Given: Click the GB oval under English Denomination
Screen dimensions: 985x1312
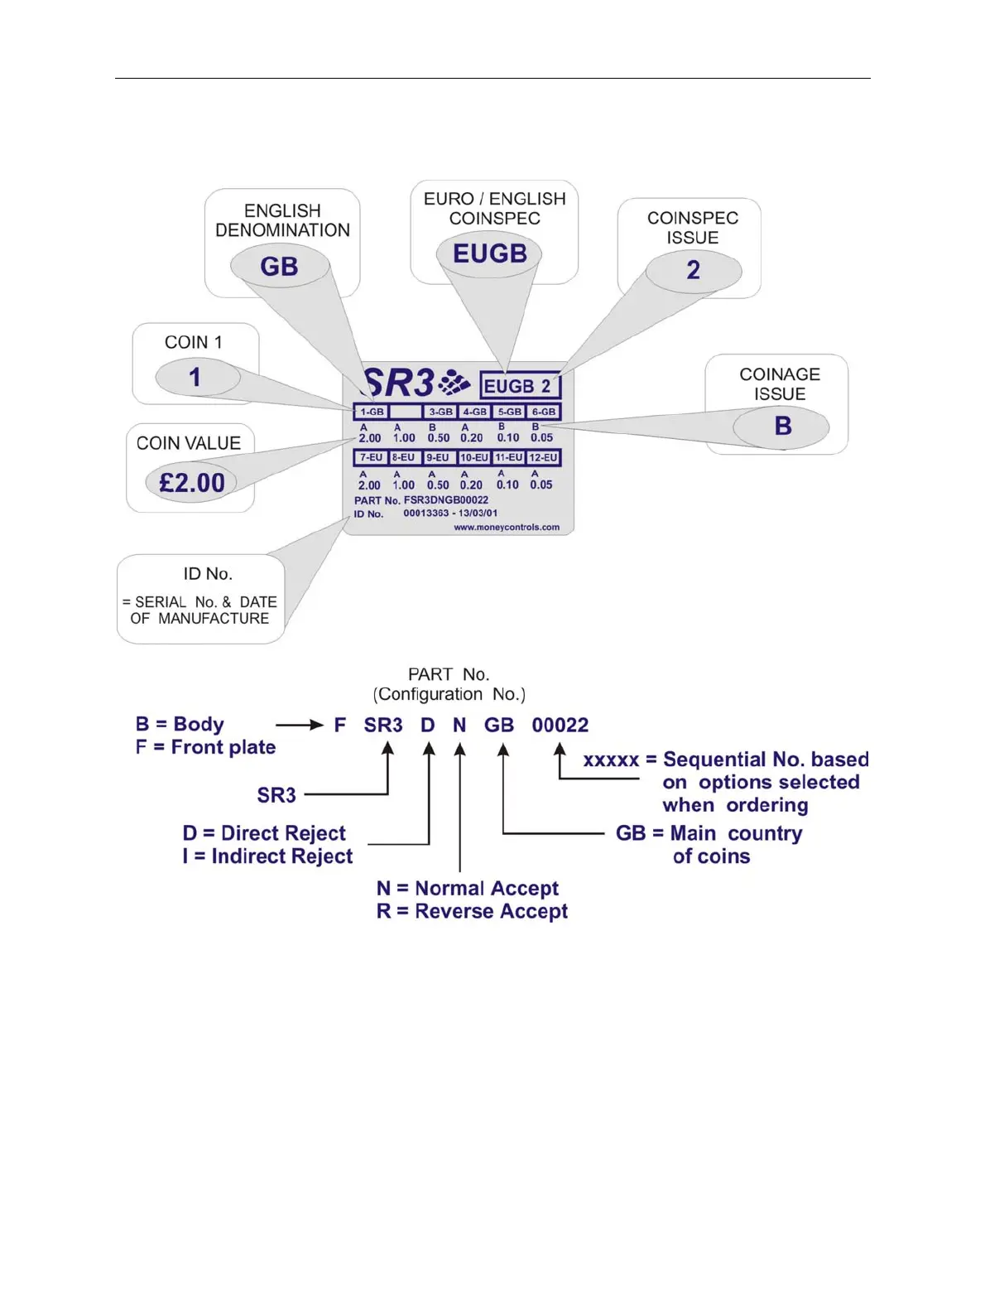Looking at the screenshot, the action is pos(279,267).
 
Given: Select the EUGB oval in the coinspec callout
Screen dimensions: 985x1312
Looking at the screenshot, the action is pos(489,253).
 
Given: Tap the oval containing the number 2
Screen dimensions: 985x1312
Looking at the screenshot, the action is pos(693,270).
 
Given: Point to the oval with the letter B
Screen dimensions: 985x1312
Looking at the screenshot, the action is pos(781,426).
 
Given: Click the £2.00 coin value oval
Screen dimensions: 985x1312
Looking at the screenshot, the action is pos(191,482).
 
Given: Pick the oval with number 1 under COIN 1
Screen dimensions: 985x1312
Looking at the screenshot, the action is pos(195,378).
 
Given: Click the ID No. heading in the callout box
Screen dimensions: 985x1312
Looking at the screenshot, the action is pos(208,573).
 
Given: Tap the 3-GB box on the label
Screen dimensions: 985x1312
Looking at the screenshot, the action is pos(440,412).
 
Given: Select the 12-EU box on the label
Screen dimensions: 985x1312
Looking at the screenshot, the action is pos(544,457).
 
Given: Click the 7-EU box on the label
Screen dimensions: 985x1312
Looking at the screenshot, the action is pos(371,457).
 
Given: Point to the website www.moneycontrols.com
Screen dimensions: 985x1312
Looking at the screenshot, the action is pos(507,527).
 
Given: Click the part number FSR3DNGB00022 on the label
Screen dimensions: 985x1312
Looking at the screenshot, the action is pos(445,500).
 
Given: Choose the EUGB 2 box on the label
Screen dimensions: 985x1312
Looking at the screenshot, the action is pos(520,386).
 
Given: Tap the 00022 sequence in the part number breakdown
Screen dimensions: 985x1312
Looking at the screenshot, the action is pos(560,726).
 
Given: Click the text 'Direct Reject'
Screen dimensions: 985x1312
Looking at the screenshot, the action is pos(283,833).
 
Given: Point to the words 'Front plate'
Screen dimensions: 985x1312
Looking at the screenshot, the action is pos(223,747).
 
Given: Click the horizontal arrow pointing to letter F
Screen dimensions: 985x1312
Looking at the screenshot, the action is pos(299,725).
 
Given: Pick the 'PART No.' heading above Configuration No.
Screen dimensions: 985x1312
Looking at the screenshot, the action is pos(449,674).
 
